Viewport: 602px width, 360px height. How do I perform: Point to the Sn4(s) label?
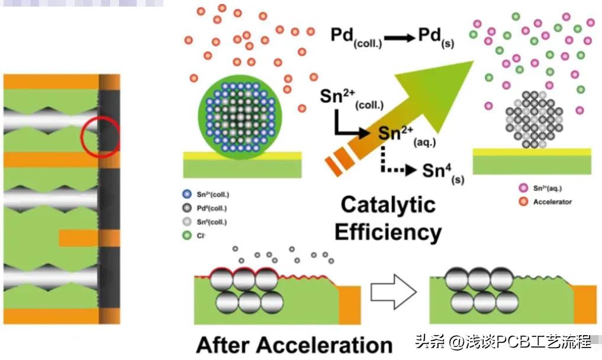[441, 171]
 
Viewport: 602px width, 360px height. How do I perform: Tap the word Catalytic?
[388, 205]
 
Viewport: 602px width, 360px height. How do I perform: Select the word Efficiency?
[388, 232]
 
